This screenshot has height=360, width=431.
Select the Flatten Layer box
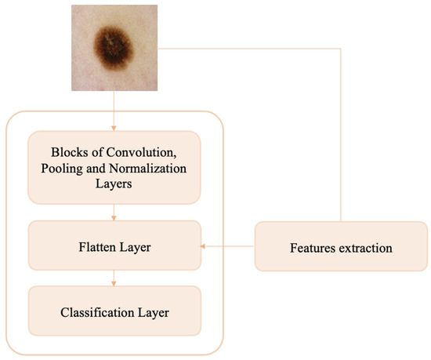tap(114, 247)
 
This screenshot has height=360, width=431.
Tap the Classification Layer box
tap(114, 312)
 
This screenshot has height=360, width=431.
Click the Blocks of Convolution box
tap(114, 166)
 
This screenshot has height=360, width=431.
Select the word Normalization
tap(144, 167)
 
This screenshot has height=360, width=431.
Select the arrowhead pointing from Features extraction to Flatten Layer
tap(205, 247)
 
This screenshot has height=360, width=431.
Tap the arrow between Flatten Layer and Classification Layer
tap(114, 279)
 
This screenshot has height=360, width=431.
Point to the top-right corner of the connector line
tap(341, 49)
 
